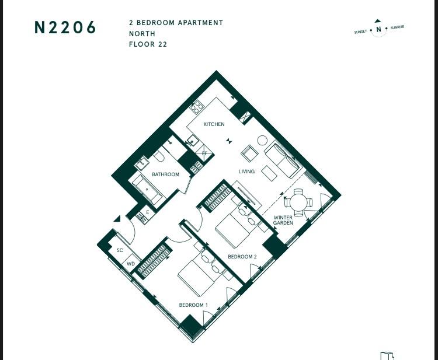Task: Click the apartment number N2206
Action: click(x=65, y=27)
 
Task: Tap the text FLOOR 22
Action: click(x=148, y=44)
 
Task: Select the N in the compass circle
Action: click(x=378, y=29)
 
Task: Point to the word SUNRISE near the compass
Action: click(x=397, y=27)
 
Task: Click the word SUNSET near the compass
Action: click(x=360, y=32)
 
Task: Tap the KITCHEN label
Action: click(x=214, y=124)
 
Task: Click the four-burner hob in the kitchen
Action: click(x=197, y=107)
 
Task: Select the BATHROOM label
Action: click(x=165, y=174)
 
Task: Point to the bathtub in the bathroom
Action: click(x=147, y=189)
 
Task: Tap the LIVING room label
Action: click(x=246, y=172)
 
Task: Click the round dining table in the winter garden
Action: click(x=298, y=202)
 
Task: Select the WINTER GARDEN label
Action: click(x=283, y=220)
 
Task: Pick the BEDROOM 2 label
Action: click(x=242, y=257)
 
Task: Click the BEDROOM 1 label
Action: click(x=193, y=305)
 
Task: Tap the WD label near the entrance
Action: click(x=131, y=264)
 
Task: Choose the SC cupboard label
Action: click(x=120, y=250)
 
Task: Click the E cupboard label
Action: click(x=148, y=212)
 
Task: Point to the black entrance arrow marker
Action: click(x=117, y=219)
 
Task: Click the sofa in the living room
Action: click(x=283, y=160)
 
